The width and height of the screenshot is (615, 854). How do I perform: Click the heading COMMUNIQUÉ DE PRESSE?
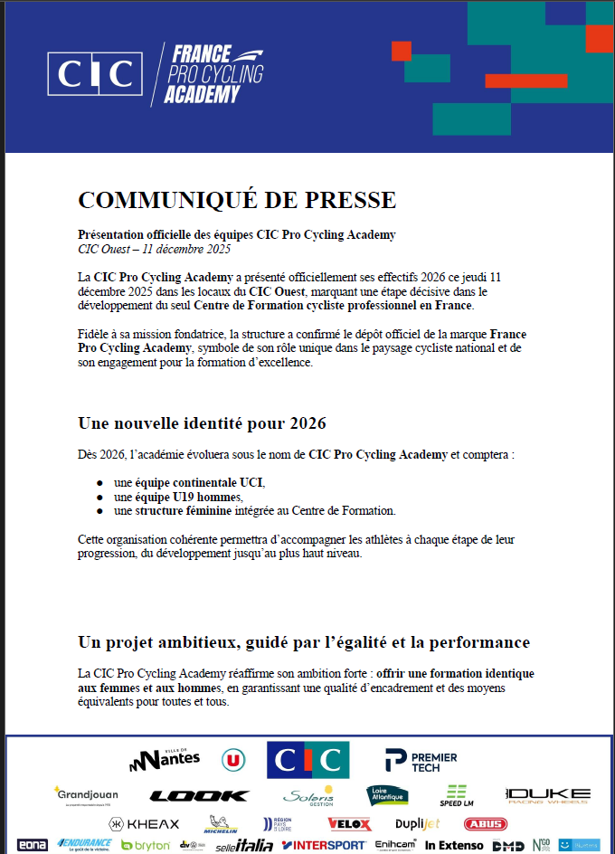(237, 200)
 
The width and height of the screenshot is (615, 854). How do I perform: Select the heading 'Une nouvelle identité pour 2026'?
(202, 423)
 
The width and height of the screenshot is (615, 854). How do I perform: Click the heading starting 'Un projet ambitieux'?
(304, 642)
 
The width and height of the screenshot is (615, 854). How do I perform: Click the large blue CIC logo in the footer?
(307, 760)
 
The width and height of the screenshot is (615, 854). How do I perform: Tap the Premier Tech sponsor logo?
(421, 761)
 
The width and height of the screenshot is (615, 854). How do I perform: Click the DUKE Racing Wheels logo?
(548, 795)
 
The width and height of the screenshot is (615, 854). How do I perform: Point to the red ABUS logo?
(485, 824)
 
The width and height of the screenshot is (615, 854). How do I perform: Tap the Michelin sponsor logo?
(220, 824)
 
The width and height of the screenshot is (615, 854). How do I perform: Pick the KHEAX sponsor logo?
(145, 824)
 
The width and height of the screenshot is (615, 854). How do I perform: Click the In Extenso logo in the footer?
(454, 846)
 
